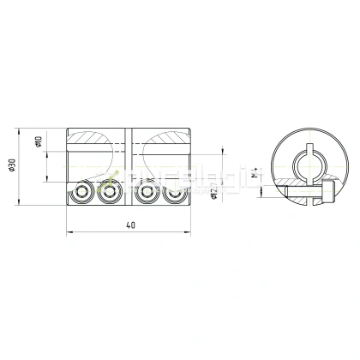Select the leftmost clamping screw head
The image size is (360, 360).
pyautogui.click(x=83, y=194)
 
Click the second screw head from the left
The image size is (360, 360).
pyautogui.click(x=108, y=194)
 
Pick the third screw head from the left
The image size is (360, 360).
pyautogui.click(x=150, y=194)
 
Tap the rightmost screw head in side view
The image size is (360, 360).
pyautogui.click(x=175, y=194)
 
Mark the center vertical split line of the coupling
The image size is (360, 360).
pyautogui.click(x=129, y=167)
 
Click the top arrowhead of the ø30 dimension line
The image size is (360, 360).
pyautogui.click(x=19, y=130)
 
